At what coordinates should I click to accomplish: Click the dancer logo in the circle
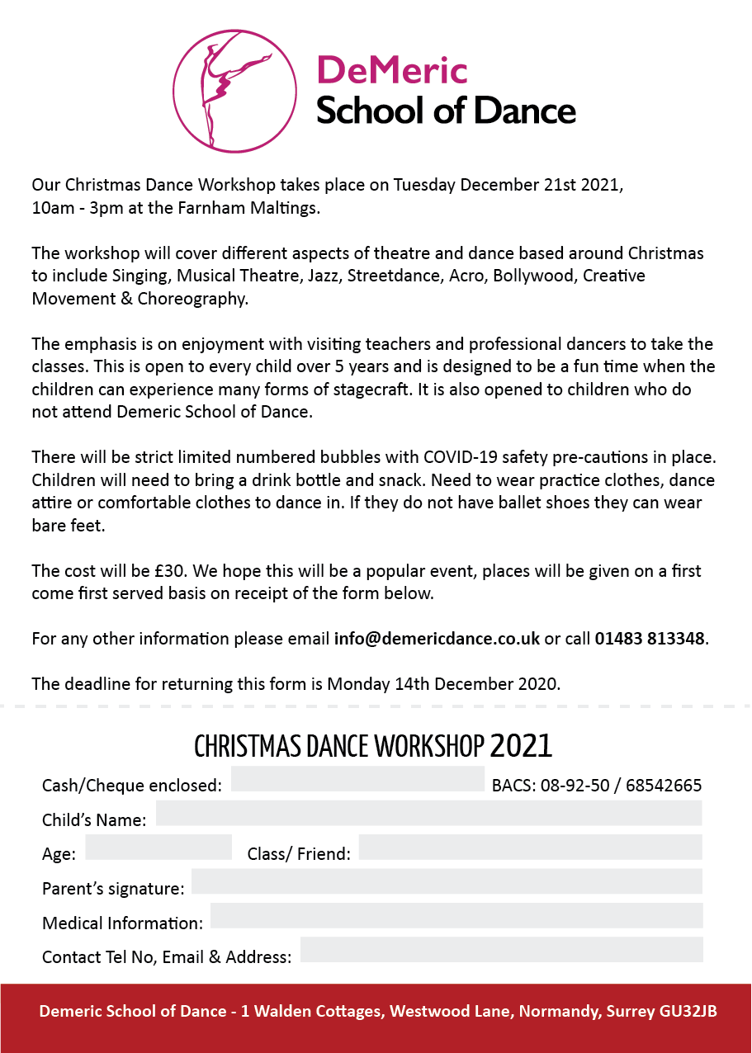click(x=234, y=91)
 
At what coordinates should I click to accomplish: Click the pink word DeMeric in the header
click(x=392, y=70)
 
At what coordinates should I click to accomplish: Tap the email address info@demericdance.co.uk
click(x=437, y=639)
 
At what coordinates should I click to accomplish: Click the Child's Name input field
click(x=428, y=813)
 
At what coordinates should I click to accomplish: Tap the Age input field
click(x=158, y=848)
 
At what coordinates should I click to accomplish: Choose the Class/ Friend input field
click(x=530, y=848)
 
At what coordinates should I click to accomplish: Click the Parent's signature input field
click(x=447, y=881)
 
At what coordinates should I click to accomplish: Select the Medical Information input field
click(x=456, y=916)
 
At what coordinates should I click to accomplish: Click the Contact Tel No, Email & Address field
click(x=501, y=950)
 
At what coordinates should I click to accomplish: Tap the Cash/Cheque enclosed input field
click(x=357, y=779)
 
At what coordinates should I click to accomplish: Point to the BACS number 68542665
click(x=664, y=786)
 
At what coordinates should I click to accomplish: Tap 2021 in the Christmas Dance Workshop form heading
click(x=521, y=746)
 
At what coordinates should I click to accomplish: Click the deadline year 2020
click(x=536, y=684)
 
